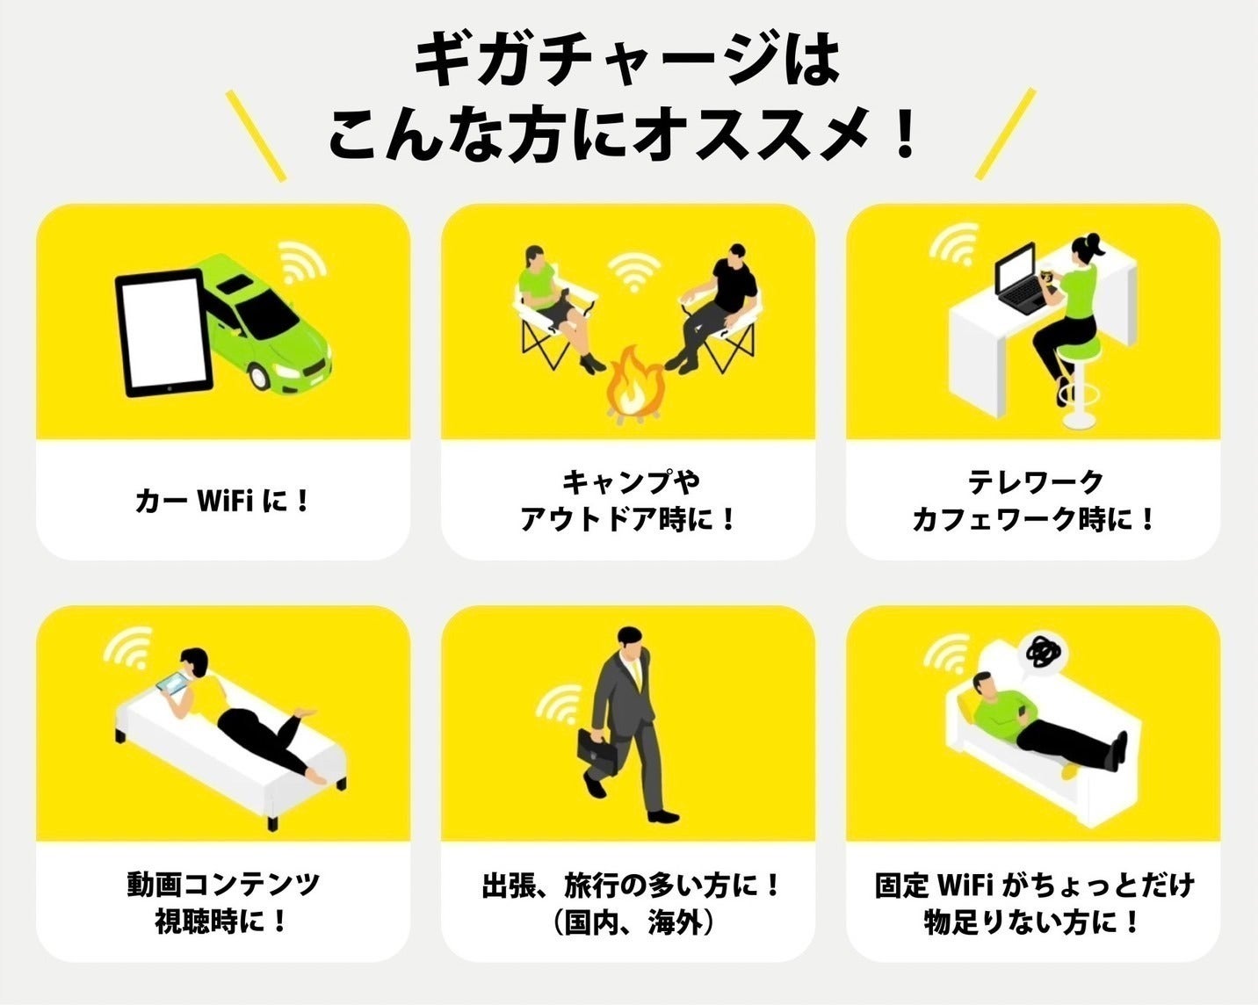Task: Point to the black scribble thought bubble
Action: [1044, 652]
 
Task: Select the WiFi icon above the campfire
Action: [633, 272]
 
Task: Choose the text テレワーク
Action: [1034, 481]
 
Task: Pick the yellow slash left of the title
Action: [256, 136]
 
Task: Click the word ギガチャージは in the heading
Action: [628, 60]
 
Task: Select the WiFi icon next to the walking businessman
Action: [559, 705]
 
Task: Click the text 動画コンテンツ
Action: [222, 884]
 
